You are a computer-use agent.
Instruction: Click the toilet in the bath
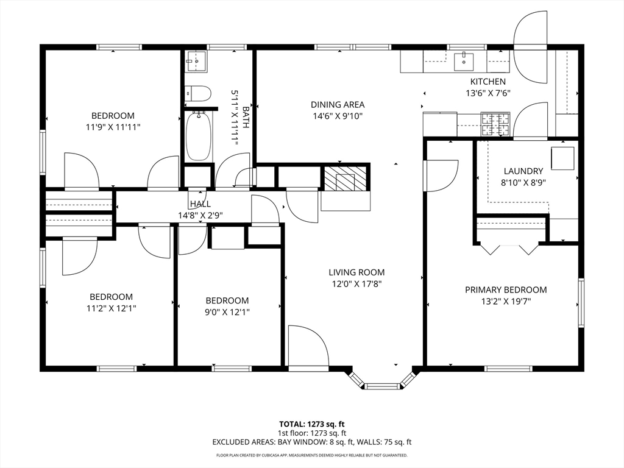pyautogui.click(x=198, y=93)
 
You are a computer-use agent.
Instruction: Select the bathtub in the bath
pyautogui.click(x=199, y=136)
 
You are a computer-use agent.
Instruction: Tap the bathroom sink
pyautogui.click(x=196, y=62)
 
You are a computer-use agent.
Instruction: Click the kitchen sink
pyautogui.click(x=464, y=62)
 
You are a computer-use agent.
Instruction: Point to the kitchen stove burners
pyautogui.click(x=495, y=124)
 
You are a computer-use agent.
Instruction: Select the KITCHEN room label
pyautogui.click(x=488, y=82)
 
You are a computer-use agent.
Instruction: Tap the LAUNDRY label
pyautogui.click(x=523, y=171)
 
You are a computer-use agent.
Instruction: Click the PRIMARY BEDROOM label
pyautogui.click(x=506, y=289)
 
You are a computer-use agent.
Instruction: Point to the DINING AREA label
pyautogui.click(x=338, y=105)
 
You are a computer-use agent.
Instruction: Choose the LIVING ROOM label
pyautogui.click(x=356, y=272)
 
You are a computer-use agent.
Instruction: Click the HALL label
pyautogui.click(x=200, y=204)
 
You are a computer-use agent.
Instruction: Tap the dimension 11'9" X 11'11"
pyautogui.click(x=113, y=127)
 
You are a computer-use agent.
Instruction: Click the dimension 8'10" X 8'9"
pyautogui.click(x=523, y=183)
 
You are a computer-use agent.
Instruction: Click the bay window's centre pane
pyautogui.click(x=382, y=386)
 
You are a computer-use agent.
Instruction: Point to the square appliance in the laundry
pyautogui.click(x=562, y=158)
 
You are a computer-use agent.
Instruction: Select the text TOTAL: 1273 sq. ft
pyautogui.click(x=311, y=424)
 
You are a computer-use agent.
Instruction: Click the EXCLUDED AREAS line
pyautogui.click(x=311, y=442)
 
